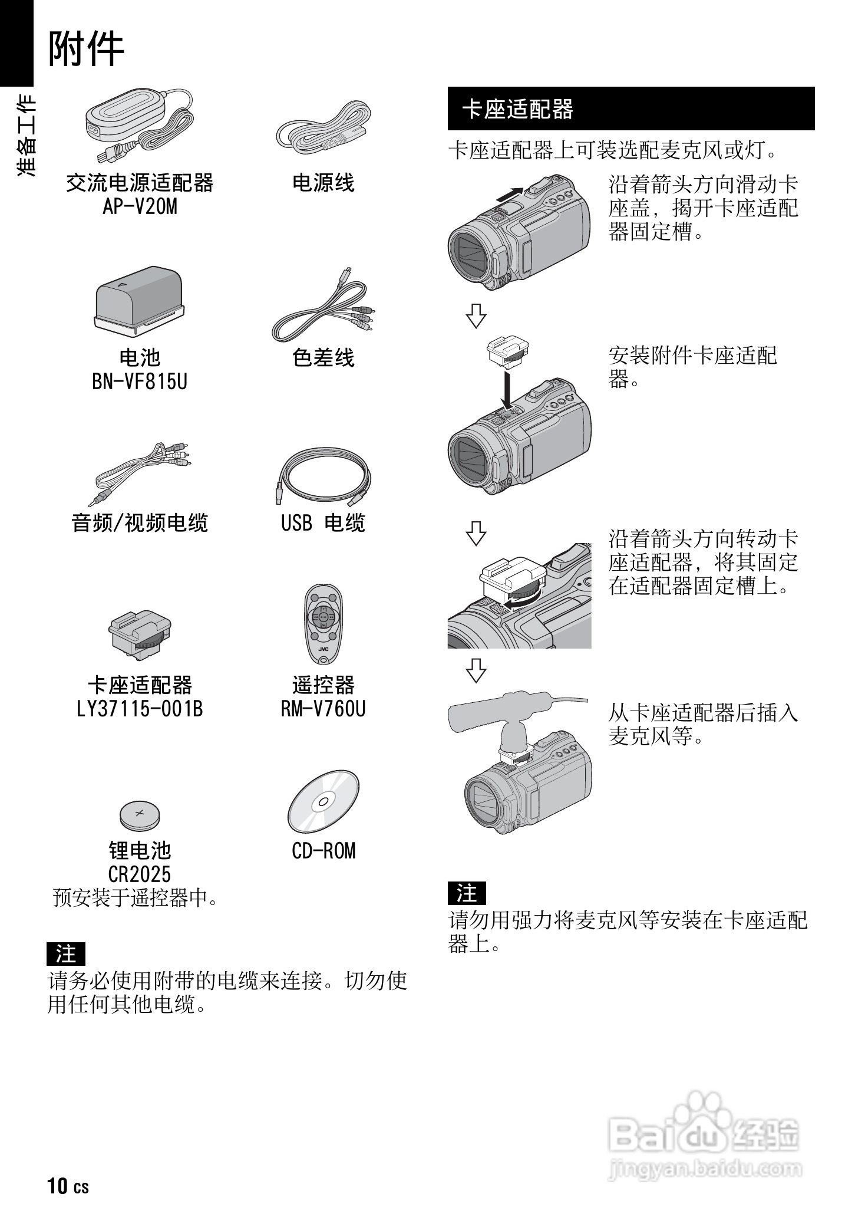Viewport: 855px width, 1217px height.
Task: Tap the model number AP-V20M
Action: coord(140,206)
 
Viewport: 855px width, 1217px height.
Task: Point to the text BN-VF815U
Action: coord(140,381)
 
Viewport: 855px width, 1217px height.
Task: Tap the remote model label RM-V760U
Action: coord(323,708)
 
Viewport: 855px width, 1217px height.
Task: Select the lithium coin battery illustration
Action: coord(140,815)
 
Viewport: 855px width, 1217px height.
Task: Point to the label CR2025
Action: coord(140,873)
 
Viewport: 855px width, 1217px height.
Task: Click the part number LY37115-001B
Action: coord(140,708)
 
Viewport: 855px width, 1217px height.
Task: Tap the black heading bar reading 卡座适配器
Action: coord(630,109)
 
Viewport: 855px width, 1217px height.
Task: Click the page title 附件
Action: coord(86,50)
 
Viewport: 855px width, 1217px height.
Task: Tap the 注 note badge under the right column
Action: coord(467,893)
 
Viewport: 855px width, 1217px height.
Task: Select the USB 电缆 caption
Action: coord(323,523)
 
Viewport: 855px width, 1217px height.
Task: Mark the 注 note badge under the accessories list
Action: coord(66,953)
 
